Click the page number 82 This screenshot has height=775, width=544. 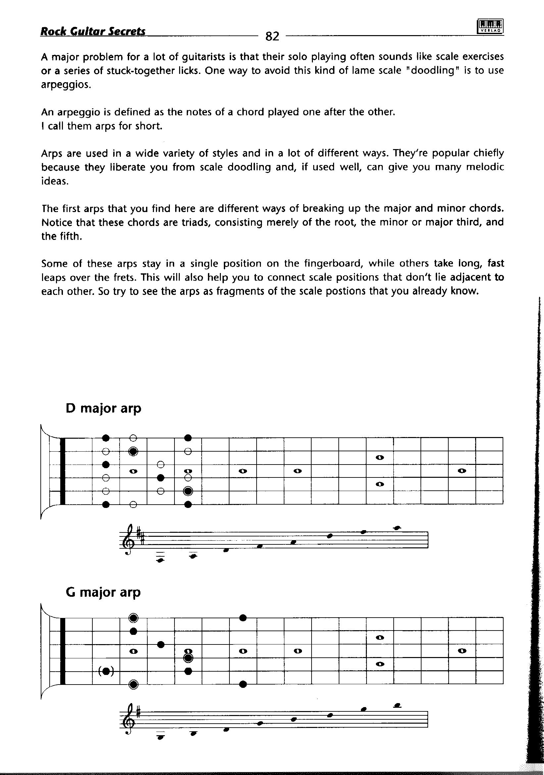[x=272, y=36]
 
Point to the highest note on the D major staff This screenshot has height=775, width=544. [x=397, y=527]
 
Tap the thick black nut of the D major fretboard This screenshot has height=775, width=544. [x=62, y=471]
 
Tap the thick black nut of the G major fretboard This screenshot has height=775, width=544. [x=62, y=651]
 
